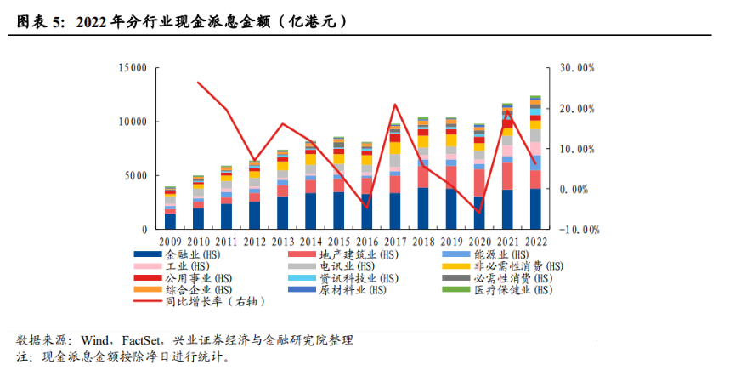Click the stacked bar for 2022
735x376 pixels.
pos(535,162)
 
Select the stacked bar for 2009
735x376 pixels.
pos(171,208)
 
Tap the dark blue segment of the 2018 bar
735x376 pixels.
pos(423,208)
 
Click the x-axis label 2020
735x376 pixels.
pos(479,242)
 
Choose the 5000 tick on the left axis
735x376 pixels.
pos(135,175)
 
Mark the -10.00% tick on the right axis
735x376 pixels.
pos(577,229)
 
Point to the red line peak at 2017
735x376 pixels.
pos(395,105)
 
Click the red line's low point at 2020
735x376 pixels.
pos(479,212)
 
